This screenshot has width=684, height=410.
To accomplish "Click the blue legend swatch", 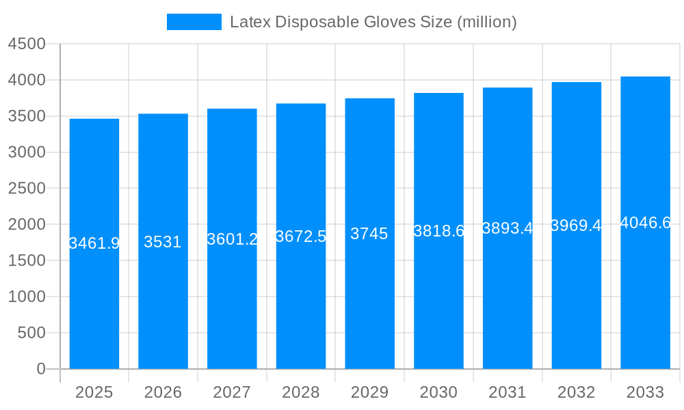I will (x=194, y=22).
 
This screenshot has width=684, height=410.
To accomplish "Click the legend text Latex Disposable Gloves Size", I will (x=373, y=22).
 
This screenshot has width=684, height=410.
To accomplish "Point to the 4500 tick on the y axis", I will (x=27, y=44).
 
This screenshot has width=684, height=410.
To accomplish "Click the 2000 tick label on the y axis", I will (x=27, y=225).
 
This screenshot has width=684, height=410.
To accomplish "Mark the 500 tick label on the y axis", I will (x=31, y=333).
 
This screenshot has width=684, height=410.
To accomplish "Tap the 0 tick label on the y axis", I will (x=40, y=369).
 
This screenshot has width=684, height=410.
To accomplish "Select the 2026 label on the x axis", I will (x=163, y=392).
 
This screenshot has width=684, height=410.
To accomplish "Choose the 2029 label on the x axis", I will (x=369, y=392).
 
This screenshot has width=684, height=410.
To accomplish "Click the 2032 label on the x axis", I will (x=576, y=392).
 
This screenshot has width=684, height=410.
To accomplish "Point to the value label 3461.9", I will (x=94, y=243).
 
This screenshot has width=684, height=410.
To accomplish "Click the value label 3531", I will (x=163, y=242).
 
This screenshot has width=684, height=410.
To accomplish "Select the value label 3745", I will (x=369, y=234).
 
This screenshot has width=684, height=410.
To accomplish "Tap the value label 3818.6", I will (x=438, y=231).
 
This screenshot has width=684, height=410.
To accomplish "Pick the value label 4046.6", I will (x=645, y=223).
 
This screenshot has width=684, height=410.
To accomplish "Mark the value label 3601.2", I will (x=232, y=239).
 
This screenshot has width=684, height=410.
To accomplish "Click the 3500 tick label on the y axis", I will (x=27, y=116).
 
